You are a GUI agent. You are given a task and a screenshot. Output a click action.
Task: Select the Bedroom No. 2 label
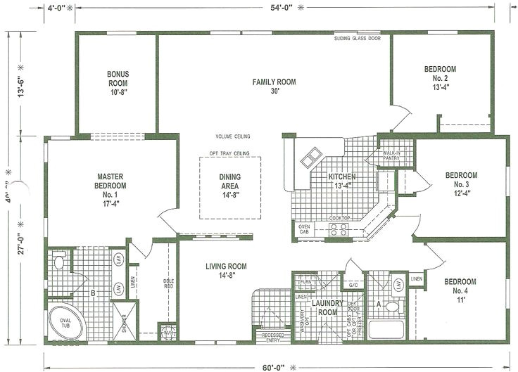click(x=440, y=78)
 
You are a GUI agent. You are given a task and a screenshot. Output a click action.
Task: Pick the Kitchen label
click(x=341, y=181)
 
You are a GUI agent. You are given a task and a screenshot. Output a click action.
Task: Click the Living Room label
click(x=226, y=271)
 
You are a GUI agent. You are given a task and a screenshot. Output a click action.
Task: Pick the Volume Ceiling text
click(x=233, y=136)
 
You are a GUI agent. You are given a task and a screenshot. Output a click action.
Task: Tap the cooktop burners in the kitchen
click(x=339, y=227)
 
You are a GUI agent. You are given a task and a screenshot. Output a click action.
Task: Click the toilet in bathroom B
click(x=60, y=263)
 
